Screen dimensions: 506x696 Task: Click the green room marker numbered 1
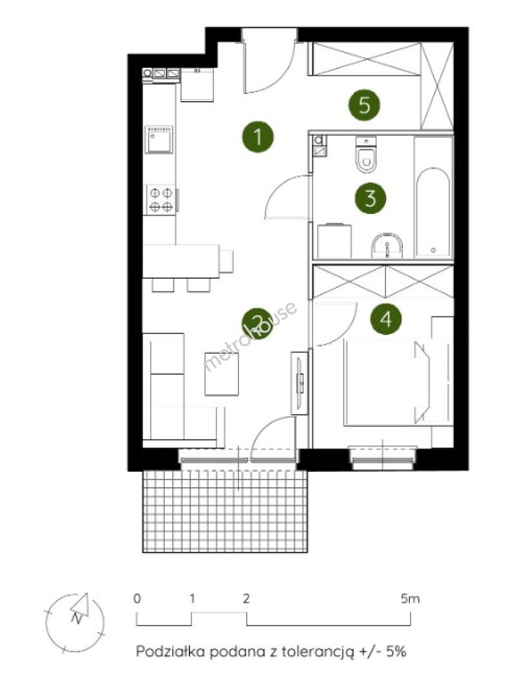[x=258, y=136]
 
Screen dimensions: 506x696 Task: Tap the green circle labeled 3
[x=370, y=198]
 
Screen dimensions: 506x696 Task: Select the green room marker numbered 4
[x=386, y=319]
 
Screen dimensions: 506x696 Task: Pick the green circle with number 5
[x=364, y=105]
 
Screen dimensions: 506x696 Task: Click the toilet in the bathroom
[x=365, y=155]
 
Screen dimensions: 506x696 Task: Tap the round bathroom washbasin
[x=387, y=246]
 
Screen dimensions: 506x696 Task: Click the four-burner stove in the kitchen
[x=161, y=200]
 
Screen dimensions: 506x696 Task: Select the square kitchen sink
[x=159, y=139]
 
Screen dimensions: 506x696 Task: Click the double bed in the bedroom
[x=387, y=383]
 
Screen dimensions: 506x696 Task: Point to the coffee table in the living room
[x=222, y=373]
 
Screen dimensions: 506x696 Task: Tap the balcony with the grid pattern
[x=225, y=510]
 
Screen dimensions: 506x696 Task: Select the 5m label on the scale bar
[x=410, y=599]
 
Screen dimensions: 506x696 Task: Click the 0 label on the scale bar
[x=137, y=598]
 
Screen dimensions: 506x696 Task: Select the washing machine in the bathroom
[x=335, y=241]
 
